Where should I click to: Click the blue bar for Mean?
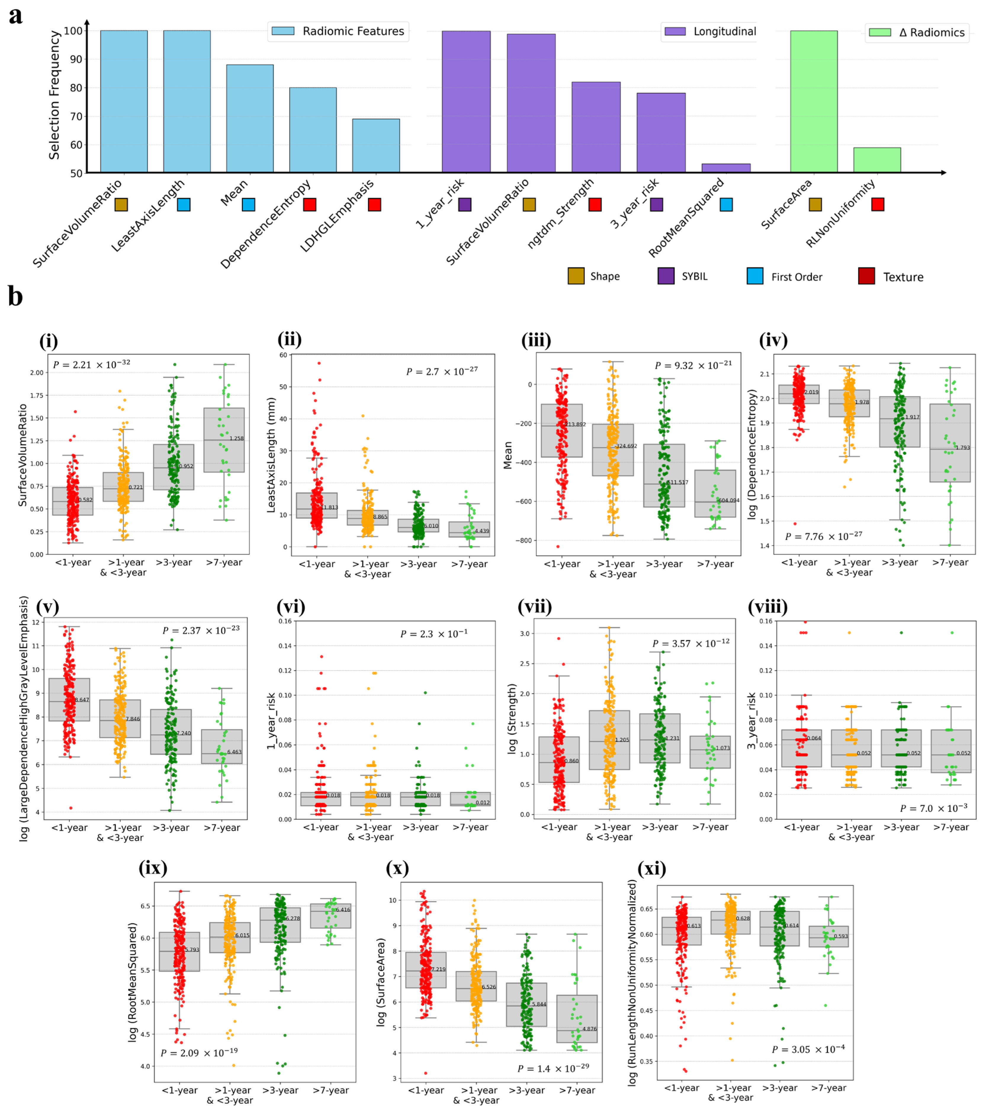pyautogui.click(x=250, y=119)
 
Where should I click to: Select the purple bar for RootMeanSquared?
pyautogui.click(x=726, y=168)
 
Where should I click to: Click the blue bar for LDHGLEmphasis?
pyautogui.click(x=375, y=146)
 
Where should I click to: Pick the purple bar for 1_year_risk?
pyautogui.click(x=466, y=102)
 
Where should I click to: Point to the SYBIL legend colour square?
pyautogui.click(x=666, y=276)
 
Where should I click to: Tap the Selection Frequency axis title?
pyautogui.click(x=54, y=95)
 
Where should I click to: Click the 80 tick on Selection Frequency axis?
pyautogui.click(x=73, y=88)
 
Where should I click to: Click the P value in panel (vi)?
pyautogui.click(x=434, y=634)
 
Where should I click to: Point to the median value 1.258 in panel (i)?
pyautogui.click(x=236, y=438)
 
